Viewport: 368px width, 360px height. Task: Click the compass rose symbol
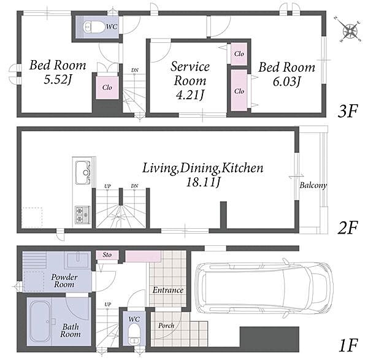coord(349,30)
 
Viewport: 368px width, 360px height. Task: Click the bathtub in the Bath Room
coord(41,321)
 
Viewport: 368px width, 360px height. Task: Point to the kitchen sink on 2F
coord(83,172)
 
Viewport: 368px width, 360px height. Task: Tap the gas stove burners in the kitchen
coord(82,215)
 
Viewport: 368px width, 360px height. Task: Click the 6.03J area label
coord(286,82)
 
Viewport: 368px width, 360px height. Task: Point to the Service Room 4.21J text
coord(190,80)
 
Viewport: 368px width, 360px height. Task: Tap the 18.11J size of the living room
coord(203,182)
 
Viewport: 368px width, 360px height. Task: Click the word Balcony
coord(313,185)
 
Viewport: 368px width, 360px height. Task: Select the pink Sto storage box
coord(107,255)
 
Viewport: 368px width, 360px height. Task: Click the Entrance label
coord(168,290)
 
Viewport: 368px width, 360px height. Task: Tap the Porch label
coord(166,326)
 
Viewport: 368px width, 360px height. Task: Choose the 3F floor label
coord(348,112)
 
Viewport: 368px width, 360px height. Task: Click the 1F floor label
coord(348,345)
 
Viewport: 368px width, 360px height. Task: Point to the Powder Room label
coord(64,281)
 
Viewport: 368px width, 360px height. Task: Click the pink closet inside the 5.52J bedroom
coord(107,88)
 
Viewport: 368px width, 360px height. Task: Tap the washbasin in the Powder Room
coord(77,260)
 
